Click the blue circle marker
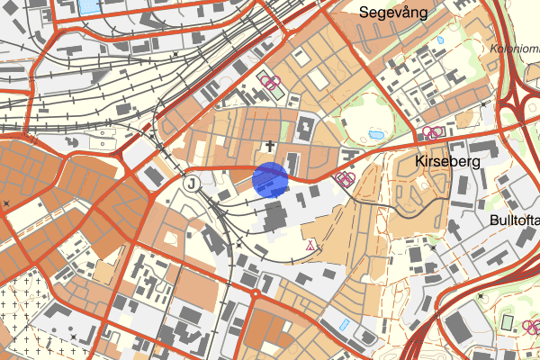[x=270, y=178]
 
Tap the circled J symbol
[x=192, y=184]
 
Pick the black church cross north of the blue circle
[x=267, y=144]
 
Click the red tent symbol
[x=311, y=244]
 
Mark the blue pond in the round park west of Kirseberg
[x=376, y=134]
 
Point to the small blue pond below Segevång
[x=440, y=40]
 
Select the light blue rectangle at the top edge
[x=91, y=6]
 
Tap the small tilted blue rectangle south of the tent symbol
[x=345, y=323]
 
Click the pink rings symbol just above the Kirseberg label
[x=432, y=132]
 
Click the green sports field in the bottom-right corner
[x=507, y=322]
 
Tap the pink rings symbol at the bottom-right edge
[x=531, y=326]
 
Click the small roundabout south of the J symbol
[x=256, y=293]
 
